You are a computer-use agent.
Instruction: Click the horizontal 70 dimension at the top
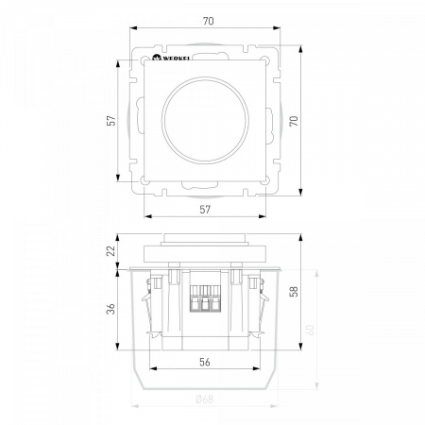(x=209, y=21)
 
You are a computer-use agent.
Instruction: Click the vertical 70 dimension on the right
(x=294, y=121)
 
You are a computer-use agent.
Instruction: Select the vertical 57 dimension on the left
(x=111, y=121)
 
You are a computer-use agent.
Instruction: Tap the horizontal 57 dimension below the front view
(x=205, y=210)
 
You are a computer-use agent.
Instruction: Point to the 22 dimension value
(x=111, y=251)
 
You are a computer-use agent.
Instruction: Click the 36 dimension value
(x=111, y=309)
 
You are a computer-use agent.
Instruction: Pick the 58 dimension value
(x=294, y=291)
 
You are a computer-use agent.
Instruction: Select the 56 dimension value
(x=205, y=362)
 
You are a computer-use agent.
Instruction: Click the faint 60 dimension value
(x=311, y=330)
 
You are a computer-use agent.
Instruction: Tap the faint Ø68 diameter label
(x=205, y=399)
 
